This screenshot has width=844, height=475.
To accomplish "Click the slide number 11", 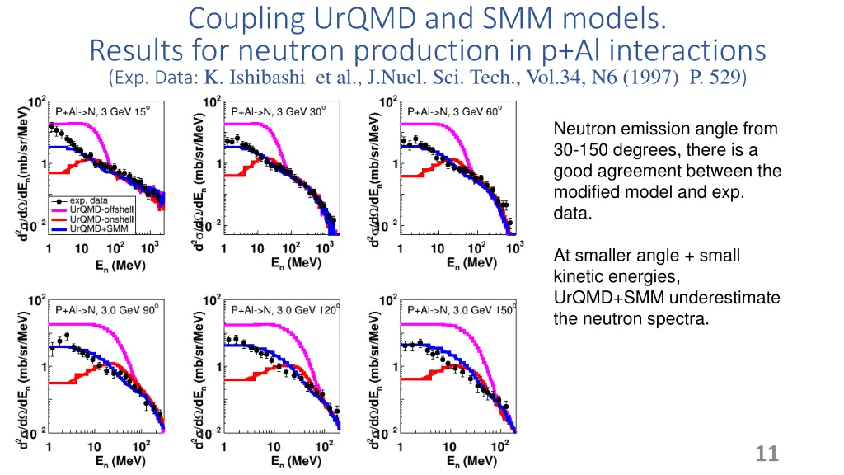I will (767, 453).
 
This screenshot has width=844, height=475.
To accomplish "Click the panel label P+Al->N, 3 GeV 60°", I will (454, 113).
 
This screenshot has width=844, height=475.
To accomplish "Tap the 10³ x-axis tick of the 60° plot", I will (515, 248).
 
